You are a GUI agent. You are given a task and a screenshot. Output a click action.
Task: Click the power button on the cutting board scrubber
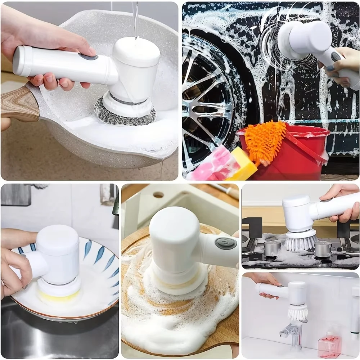click(x=226, y=243)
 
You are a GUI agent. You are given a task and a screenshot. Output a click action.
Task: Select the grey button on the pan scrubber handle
click(x=88, y=57)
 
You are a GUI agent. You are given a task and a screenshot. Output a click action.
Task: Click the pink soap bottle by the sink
click(x=329, y=345)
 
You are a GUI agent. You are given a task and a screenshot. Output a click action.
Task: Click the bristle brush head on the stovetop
click(x=301, y=241)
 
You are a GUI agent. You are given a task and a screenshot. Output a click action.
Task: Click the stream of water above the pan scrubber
click(x=135, y=18)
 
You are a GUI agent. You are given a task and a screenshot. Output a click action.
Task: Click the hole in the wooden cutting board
click(x=158, y=195)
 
